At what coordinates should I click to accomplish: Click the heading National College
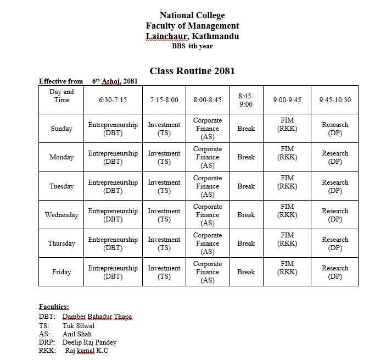[x=192, y=15]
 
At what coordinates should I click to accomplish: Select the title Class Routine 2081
[x=192, y=71]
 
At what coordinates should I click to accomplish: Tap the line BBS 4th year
[x=192, y=46]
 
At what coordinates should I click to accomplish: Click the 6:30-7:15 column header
[x=113, y=100]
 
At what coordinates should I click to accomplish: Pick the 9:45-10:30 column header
[x=335, y=100]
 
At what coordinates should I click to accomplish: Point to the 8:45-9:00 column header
[x=246, y=100]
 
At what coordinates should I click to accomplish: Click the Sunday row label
[x=61, y=129]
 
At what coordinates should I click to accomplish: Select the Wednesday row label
[x=61, y=215]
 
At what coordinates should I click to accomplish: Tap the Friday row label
[x=61, y=272]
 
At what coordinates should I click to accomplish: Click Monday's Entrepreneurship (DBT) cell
[x=113, y=157]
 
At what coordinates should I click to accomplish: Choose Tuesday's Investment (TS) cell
[x=164, y=186]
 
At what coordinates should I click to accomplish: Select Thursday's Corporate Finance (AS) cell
[x=208, y=243]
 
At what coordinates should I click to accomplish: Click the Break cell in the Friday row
[x=246, y=272]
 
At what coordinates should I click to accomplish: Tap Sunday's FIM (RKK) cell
[x=287, y=124]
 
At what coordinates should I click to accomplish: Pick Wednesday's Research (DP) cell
[x=335, y=215]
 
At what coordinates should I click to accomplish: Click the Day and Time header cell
[x=61, y=96]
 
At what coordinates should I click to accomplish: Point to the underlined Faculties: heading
[x=54, y=307]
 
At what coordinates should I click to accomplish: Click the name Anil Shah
[x=77, y=334]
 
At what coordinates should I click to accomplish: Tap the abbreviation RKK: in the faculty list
[x=47, y=351]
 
